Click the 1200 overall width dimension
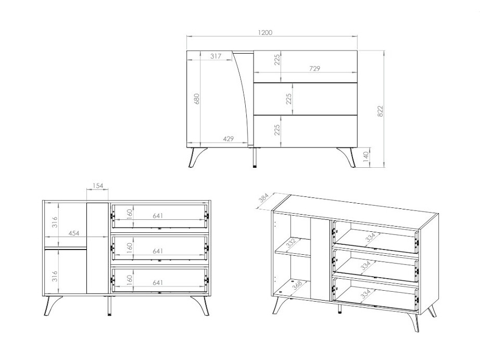(x=265, y=32)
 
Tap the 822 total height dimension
(x=380, y=111)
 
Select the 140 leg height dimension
(x=366, y=157)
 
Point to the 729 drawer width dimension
(x=314, y=68)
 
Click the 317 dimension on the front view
(x=216, y=56)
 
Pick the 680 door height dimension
(x=196, y=98)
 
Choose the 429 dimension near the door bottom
(x=228, y=139)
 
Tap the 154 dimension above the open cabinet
(x=98, y=185)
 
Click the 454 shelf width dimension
(x=74, y=233)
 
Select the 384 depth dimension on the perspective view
(x=263, y=198)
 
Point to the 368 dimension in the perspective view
(x=297, y=284)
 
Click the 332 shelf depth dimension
(x=291, y=243)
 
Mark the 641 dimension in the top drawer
(x=158, y=216)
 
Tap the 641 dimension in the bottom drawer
(x=158, y=282)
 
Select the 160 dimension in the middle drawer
(x=130, y=247)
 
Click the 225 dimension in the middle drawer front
(x=288, y=98)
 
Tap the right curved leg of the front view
(x=347, y=157)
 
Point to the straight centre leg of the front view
(x=255, y=157)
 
